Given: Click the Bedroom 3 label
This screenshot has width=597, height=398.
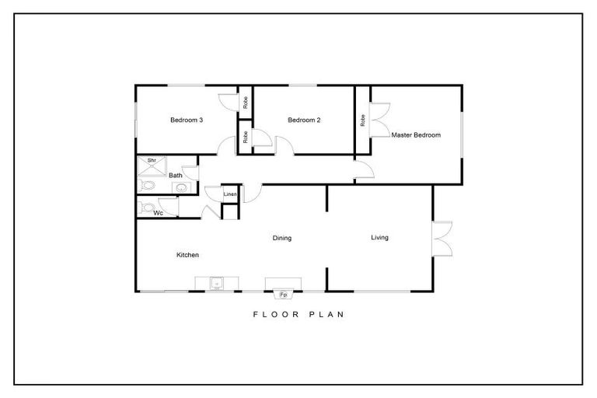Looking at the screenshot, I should (x=187, y=120).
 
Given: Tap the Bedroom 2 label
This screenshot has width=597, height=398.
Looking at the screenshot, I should (x=304, y=120).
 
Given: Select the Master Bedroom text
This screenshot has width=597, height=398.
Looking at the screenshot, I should (x=416, y=134).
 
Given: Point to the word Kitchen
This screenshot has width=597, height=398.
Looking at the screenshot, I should (x=187, y=255).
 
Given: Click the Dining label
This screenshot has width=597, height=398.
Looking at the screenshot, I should (x=281, y=238).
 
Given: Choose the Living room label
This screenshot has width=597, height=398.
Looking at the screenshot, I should (x=379, y=237).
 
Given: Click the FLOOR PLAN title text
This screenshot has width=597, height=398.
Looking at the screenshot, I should (x=298, y=315).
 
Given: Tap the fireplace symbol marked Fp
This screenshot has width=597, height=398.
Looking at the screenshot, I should (x=281, y=295).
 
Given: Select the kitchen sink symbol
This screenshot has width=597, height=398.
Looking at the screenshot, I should (x=218, y=283).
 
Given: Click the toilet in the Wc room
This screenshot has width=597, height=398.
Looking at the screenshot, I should (x=147, y=207).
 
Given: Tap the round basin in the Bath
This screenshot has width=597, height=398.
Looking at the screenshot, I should (x=181, y=187).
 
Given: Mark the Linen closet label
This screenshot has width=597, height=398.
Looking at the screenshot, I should (x=230, y=194).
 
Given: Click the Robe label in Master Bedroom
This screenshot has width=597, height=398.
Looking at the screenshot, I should (x=363, y=120).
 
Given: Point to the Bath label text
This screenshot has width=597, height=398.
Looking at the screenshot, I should (x=176, y=176).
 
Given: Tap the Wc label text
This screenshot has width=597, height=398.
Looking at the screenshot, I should (x=158, y=212).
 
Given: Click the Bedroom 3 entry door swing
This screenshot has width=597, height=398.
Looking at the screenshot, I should (x=228, y=146).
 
